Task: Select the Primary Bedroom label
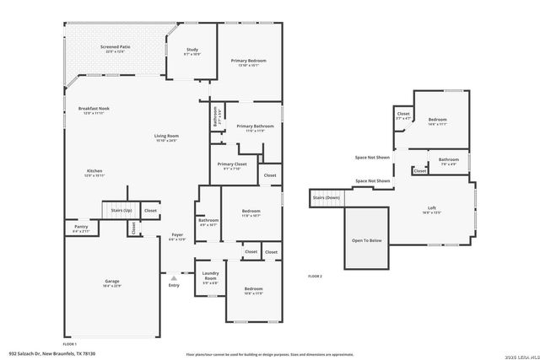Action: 249,62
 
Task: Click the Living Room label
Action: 165,137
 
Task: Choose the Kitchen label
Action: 94,172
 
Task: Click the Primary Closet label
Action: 231,165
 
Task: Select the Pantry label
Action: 81,228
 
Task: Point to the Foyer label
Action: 177,236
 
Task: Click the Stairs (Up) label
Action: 121,209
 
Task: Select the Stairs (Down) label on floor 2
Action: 327,197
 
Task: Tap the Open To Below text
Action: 367,241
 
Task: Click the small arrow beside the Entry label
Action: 173,276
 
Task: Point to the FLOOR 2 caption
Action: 315,277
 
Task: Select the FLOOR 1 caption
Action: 69,344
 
